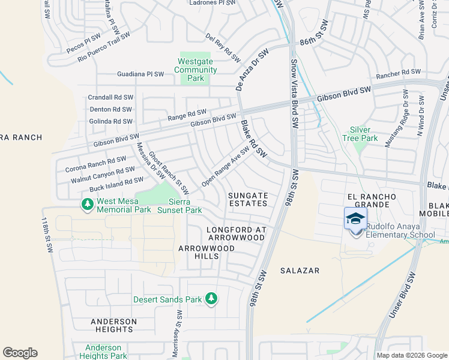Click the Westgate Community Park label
[196, 70]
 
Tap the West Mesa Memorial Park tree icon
[88, 205]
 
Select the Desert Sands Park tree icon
[211, 298]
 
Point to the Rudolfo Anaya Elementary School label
[401, 231]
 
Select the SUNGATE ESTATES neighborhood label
[248, 199]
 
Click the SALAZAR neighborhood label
[300, 271]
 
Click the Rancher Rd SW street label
[398, 73]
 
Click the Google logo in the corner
[20, 353]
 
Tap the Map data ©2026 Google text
[412, 355]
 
